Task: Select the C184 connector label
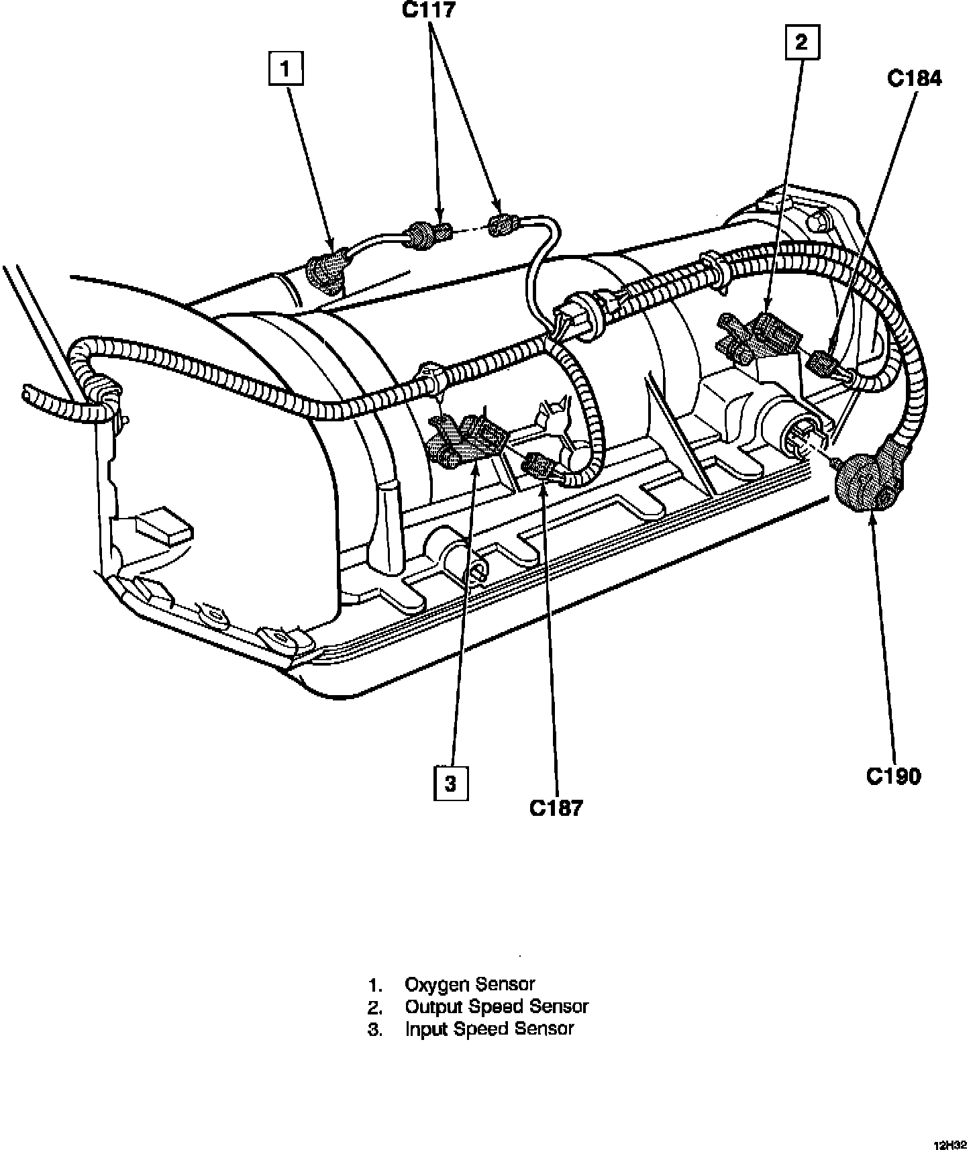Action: point(914,79)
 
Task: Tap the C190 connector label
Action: point(893,776)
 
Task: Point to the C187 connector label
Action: point(556,808)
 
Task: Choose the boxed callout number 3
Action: point(451,783)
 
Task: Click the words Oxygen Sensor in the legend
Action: point(470,984)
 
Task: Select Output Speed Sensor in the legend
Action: point(497,1006)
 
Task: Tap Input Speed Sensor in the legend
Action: point(489,1029)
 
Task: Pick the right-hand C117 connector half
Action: point(502,225)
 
